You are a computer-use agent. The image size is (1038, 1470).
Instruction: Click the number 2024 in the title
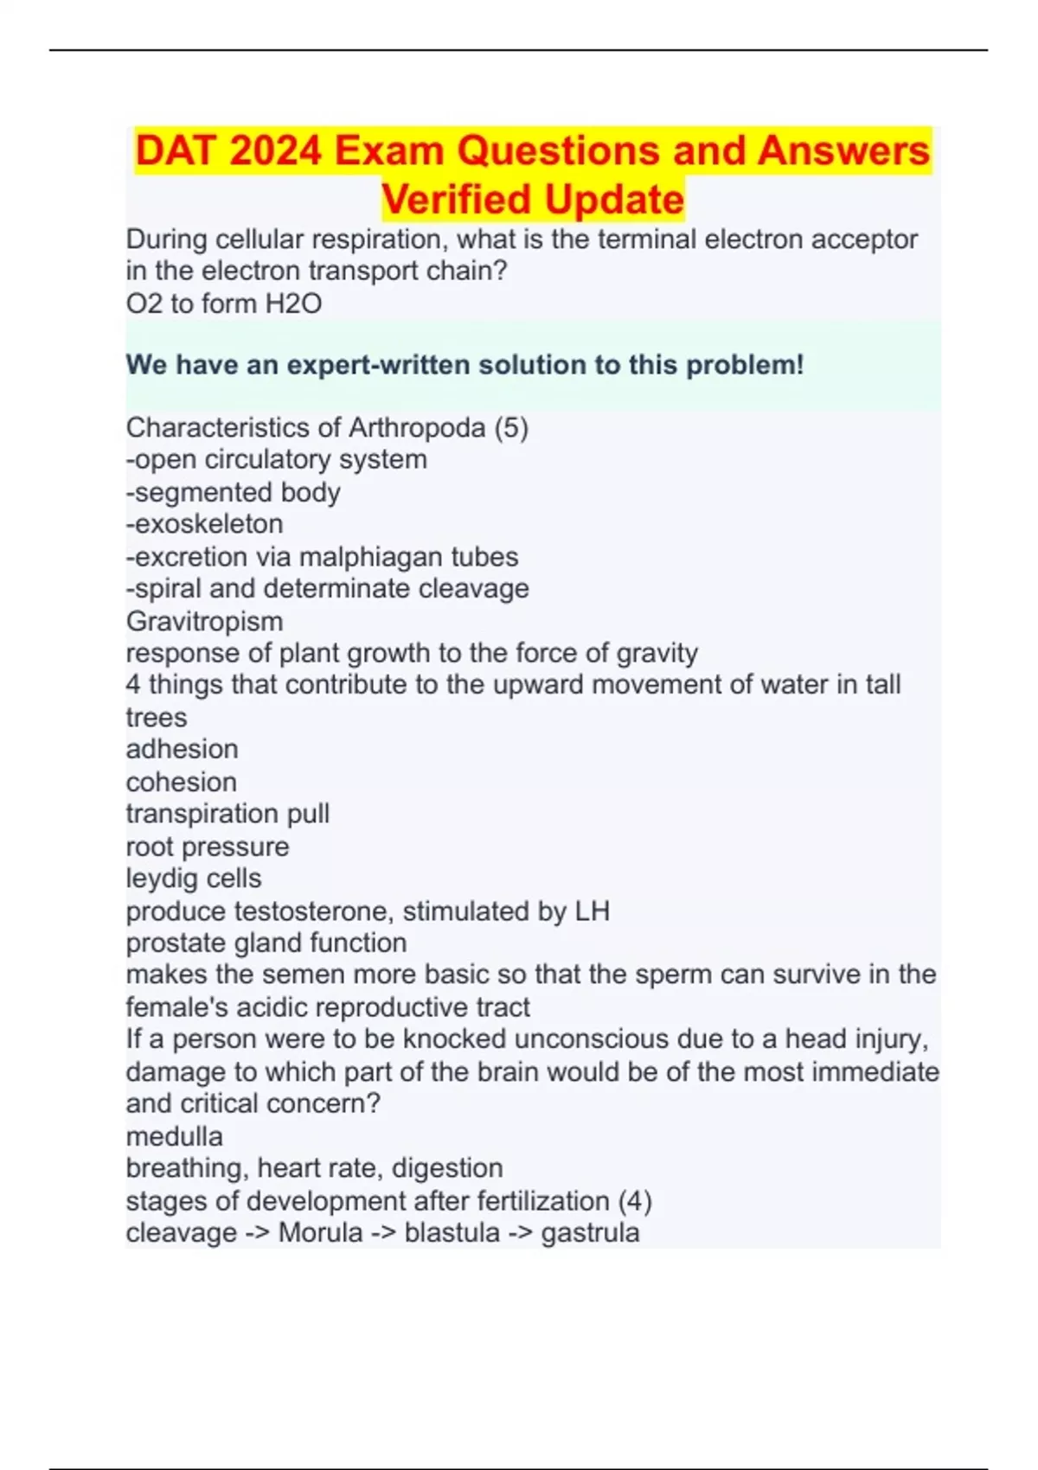(276, 151)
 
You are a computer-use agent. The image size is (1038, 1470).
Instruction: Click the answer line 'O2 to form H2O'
(223, 304)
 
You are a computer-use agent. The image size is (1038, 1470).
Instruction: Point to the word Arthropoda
(416, 427)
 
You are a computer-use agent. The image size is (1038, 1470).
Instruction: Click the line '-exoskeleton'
(204, 524)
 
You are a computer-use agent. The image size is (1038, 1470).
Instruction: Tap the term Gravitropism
(204, 621)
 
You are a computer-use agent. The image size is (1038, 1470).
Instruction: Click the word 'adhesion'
(182, 749)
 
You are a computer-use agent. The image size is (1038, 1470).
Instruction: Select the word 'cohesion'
(181, 782)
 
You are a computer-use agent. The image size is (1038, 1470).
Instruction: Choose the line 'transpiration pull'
(227, 814)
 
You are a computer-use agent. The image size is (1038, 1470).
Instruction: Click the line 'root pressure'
(207, 847)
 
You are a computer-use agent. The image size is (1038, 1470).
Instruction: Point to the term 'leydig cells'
(193, 879)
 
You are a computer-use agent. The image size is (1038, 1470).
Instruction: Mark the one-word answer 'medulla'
(174, 1136)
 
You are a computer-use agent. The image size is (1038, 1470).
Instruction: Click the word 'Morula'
(320, 1232)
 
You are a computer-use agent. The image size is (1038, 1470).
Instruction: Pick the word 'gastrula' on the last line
(590, 1233)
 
